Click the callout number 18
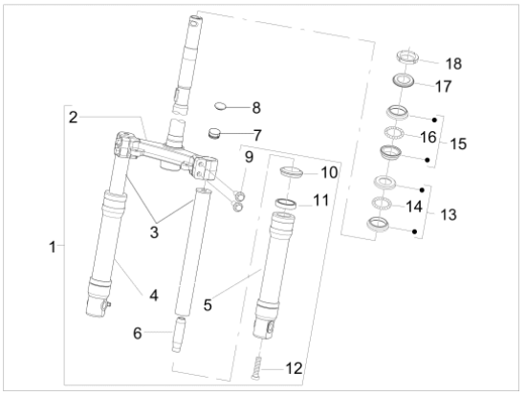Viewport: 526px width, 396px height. coord(453,64)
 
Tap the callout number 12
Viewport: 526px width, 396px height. coord(295,368)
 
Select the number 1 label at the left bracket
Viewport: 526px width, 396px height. coord(53,247)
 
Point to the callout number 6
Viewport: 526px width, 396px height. coord(138,333)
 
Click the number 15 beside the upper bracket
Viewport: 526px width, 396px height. coord(458,143)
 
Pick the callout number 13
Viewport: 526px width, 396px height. coord(449,214)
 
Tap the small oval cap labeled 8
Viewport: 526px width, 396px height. coord(220,106)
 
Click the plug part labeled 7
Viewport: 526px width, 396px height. coord(213,134)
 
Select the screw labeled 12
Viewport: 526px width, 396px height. coord(257,368)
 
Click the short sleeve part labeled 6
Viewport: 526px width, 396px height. coord(178,334)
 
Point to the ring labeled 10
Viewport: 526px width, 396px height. coord(292,171)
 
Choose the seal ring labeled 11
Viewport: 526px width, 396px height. coord(286,204)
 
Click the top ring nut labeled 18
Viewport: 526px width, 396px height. coord(407,56)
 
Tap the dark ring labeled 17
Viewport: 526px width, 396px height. coord(404,81)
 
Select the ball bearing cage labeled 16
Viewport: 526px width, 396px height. coord(394,133)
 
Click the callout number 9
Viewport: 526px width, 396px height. coord(250,157)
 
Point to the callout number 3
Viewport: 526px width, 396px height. coord(154,232)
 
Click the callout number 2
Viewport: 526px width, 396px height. coord(73,117)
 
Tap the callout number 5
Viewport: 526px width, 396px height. coord(208,305)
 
